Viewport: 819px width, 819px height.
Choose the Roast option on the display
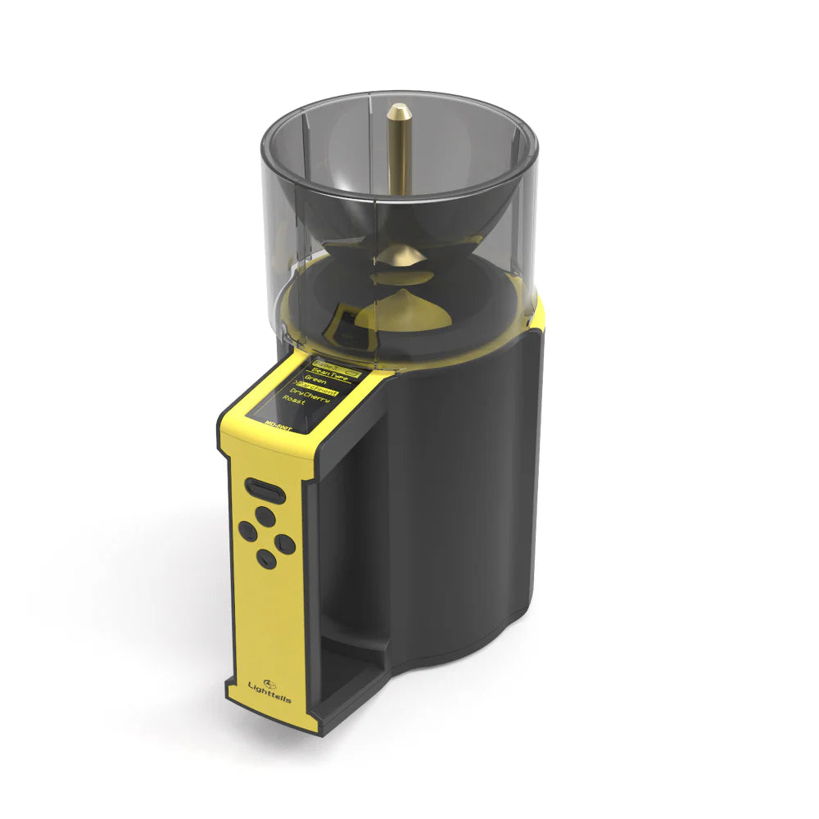click(293, 403)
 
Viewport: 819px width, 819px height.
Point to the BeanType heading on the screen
click(332, 370)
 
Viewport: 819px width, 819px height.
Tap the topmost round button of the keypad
click(264, 515)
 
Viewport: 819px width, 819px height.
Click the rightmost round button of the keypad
click(285, 542)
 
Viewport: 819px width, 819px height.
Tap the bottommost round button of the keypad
click(265, 558)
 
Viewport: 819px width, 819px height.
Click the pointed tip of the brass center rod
click(399, 109)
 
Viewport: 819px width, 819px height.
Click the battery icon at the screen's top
click(350, 372)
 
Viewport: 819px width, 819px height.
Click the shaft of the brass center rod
click(400, 164)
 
